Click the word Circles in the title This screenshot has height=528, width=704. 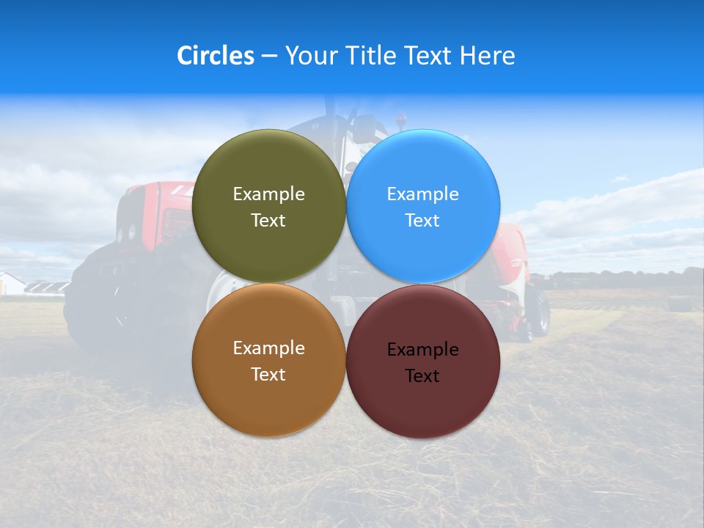pos(216,56)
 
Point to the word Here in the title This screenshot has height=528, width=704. pos(487,56)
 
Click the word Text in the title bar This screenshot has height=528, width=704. pos(428,56)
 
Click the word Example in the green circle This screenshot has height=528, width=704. pos(268,194)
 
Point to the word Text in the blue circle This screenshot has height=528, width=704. pos(422,221)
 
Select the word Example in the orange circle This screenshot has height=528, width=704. pos(268,348)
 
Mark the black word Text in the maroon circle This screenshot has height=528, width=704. pos(422,376)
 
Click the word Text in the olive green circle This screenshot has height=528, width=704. pos(268,221)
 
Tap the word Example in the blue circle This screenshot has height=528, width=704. pos(422,194)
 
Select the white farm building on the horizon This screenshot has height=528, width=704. pos(10,285)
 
